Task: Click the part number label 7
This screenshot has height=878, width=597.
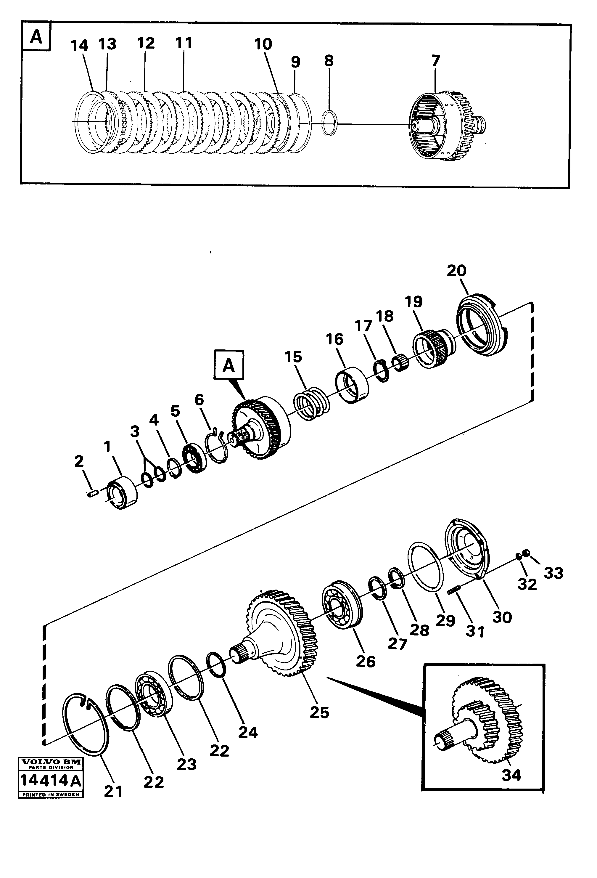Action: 435,60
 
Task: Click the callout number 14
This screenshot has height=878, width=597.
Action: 79,45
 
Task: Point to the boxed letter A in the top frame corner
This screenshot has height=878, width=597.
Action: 36,37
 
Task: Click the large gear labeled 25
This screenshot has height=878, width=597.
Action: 283,636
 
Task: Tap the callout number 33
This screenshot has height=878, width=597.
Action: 553,573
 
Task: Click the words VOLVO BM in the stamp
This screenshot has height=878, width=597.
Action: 51,762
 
